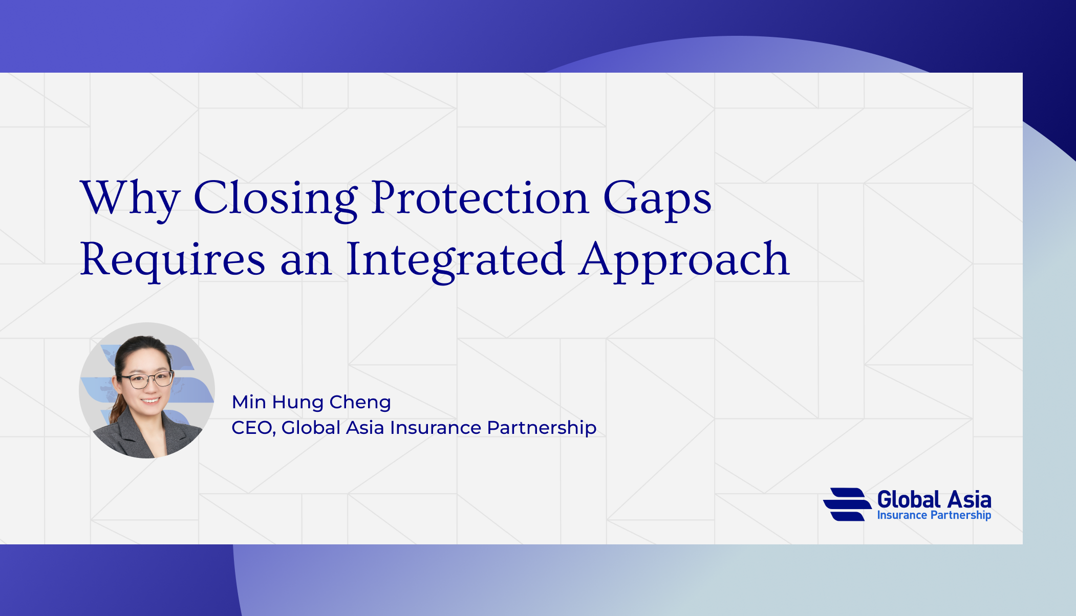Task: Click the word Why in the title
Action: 130,199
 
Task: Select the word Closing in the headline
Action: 275,199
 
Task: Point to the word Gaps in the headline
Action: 657,199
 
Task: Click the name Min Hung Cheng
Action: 311,403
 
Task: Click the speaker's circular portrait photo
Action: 147,390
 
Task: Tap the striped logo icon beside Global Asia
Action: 847,504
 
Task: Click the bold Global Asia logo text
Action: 934,499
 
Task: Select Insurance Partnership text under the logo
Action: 934,515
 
